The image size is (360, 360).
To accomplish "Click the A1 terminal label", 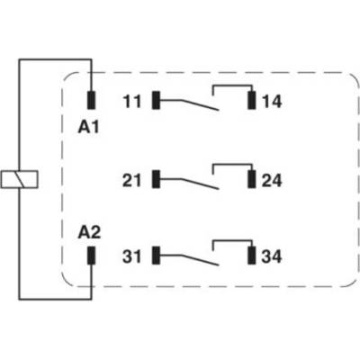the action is click(88, 128).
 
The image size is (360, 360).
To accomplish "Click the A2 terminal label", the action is click(89, 232).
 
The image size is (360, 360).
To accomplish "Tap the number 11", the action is click(132, 101).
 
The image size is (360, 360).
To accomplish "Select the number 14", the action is click(272, 101).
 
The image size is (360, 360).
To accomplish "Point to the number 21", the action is click(131, 181).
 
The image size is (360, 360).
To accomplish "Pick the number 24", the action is click(272, 181).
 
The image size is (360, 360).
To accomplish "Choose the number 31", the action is click(131, 256).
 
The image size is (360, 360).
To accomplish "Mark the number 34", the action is click(272, 256).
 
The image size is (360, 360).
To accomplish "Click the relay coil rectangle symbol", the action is click(19, 179).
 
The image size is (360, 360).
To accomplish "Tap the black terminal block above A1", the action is click(91, 100).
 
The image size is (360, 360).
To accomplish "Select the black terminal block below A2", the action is click(91, 256).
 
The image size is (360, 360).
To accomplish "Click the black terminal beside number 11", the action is click(156, 100).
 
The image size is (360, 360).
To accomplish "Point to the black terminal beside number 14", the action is click(252, 100).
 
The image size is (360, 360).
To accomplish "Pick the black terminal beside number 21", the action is click(156, 179).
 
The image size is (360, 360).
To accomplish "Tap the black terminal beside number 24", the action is click(252, 179).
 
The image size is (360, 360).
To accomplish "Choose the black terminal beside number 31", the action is click(156, 256).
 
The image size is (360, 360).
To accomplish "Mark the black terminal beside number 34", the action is click(252, 256).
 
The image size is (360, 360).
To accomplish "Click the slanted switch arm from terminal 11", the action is click(200, 105).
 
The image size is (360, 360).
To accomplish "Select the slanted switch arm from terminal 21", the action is click(200, 184).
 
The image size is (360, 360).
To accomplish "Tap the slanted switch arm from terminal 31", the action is click(200, 260).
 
